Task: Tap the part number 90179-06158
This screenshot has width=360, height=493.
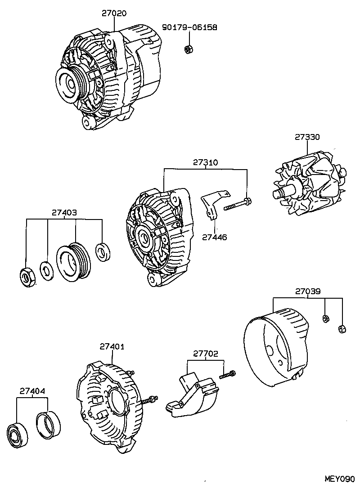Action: tap(189, 27)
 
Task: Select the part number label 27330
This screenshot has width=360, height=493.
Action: tap(307, 137)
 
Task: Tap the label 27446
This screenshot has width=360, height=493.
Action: tap(215, 237)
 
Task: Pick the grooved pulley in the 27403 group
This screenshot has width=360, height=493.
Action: tap(74, 260)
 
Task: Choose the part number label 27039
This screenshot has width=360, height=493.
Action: tap(308, 291)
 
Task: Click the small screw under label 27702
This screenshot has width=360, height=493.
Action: tap(227, 374)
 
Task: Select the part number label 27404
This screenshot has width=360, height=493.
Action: tap(32, 391)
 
